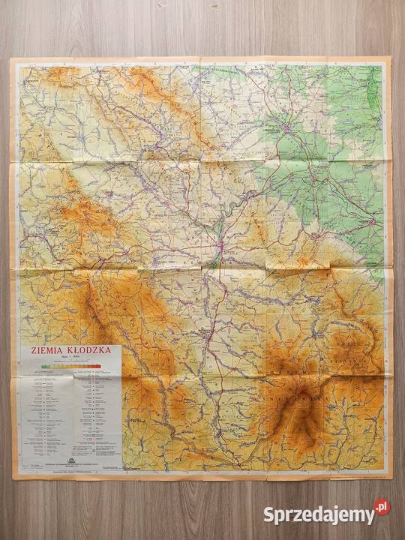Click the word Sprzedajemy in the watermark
point(318,514)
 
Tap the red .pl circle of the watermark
point(382,508)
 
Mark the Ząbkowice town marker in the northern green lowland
point(286,129)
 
